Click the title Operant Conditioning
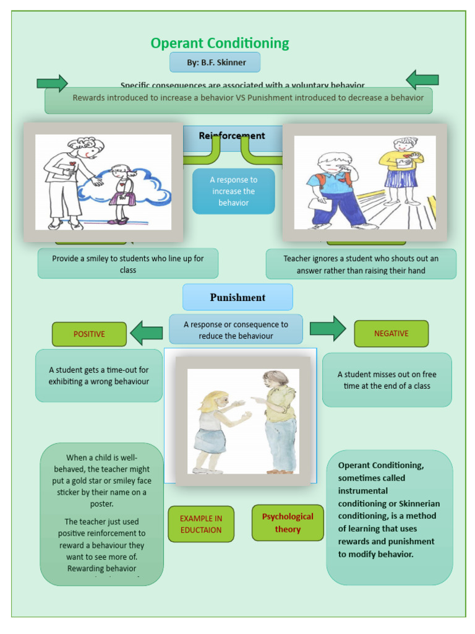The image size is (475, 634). pos(220,43)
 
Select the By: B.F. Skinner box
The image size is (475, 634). pos(215,63)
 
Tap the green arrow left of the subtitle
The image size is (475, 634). pos(52,83)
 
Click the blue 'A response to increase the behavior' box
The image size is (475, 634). pos(233,191)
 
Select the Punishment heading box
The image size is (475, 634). pos(237,297)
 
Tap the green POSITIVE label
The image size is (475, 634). pos(89,334)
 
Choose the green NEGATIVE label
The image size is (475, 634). pos(391,334)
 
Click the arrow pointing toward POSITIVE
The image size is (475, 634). pos(147,333)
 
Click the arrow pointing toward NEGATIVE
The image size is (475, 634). pos(328,329)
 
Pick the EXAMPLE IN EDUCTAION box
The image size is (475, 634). pos(201,524)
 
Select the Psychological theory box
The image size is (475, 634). pos(288,523)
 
